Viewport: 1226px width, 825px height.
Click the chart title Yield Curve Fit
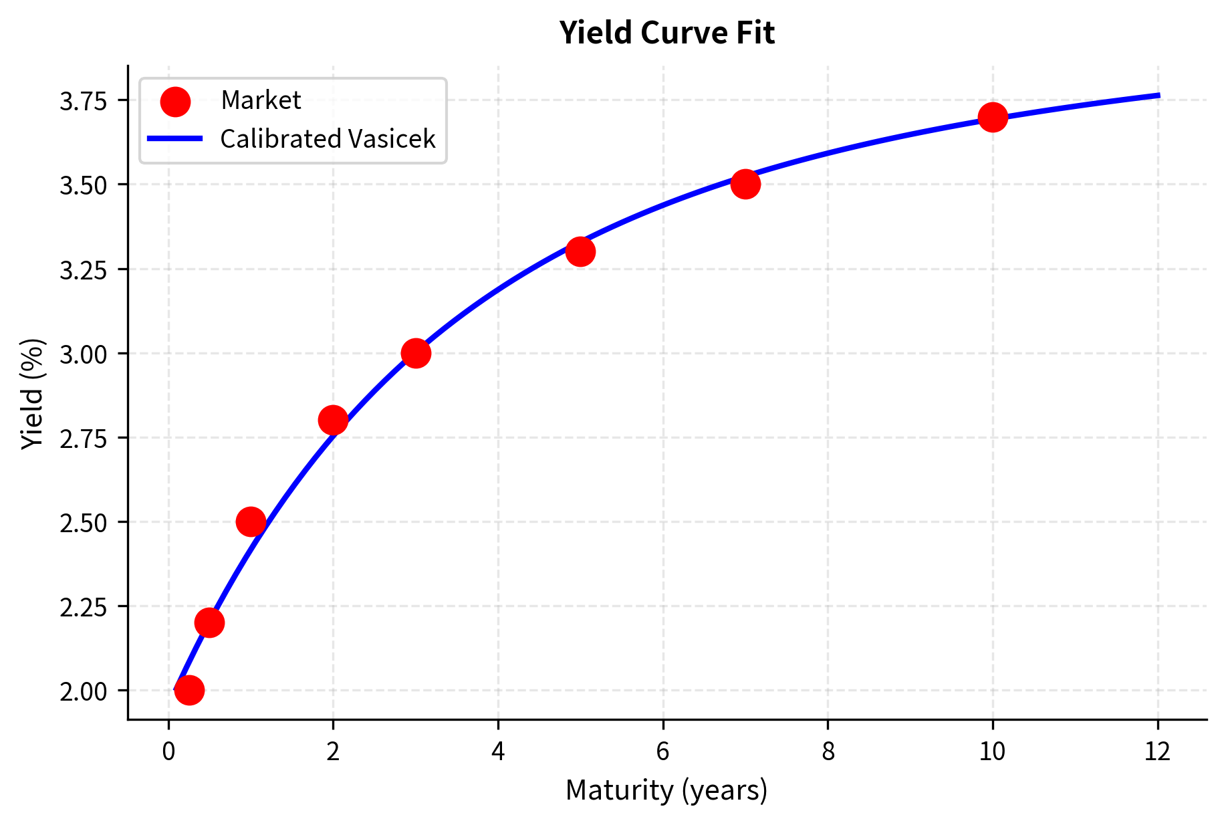click(666, 33)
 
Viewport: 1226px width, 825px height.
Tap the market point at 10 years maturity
click(993, 118)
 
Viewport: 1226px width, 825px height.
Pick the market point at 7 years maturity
click(745, 184)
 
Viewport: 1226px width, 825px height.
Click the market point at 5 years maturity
click(580, 252)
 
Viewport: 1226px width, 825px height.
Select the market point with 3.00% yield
click(416, 353)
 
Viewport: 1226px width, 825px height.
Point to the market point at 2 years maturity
click(333, 421)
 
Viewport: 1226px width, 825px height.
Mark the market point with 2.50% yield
click(251, 521)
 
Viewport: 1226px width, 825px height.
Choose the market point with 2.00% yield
click(189, 690)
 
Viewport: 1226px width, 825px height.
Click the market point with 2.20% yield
click(209, 623)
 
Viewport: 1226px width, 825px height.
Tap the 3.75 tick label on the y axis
click(84, 101)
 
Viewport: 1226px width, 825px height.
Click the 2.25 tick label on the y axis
click(84, 607)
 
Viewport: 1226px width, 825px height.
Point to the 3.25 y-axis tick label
click(84, 270)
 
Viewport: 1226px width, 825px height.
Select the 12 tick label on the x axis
click(1158, 752)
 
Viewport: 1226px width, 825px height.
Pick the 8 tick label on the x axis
click(828, 752)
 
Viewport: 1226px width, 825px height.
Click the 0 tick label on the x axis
click(168, 752)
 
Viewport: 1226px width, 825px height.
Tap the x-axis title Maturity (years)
click(666, 790)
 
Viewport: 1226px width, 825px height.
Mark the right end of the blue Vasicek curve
click(1158, 96)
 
